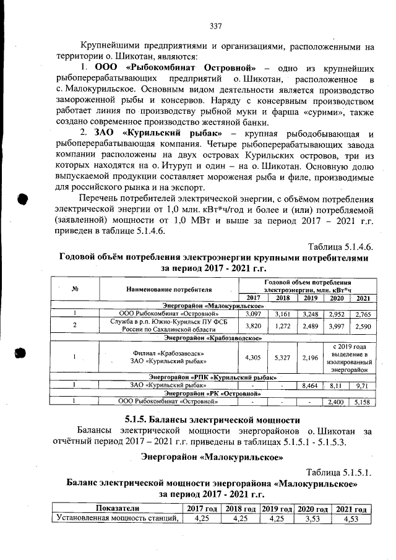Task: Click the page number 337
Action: [x=215, y=26]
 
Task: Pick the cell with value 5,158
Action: [x=361, y=402]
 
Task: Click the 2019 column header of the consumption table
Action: [x=308, y=298]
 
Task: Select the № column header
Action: [x=74, y=289]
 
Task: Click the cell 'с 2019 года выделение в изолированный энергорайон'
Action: [x=350, y=357]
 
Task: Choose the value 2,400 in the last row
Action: [x=335, y=402]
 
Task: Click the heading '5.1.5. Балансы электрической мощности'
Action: [x=199, y=419]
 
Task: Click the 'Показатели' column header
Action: [x=117, y=509]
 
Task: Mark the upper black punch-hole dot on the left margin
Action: [x=24, y=200]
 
